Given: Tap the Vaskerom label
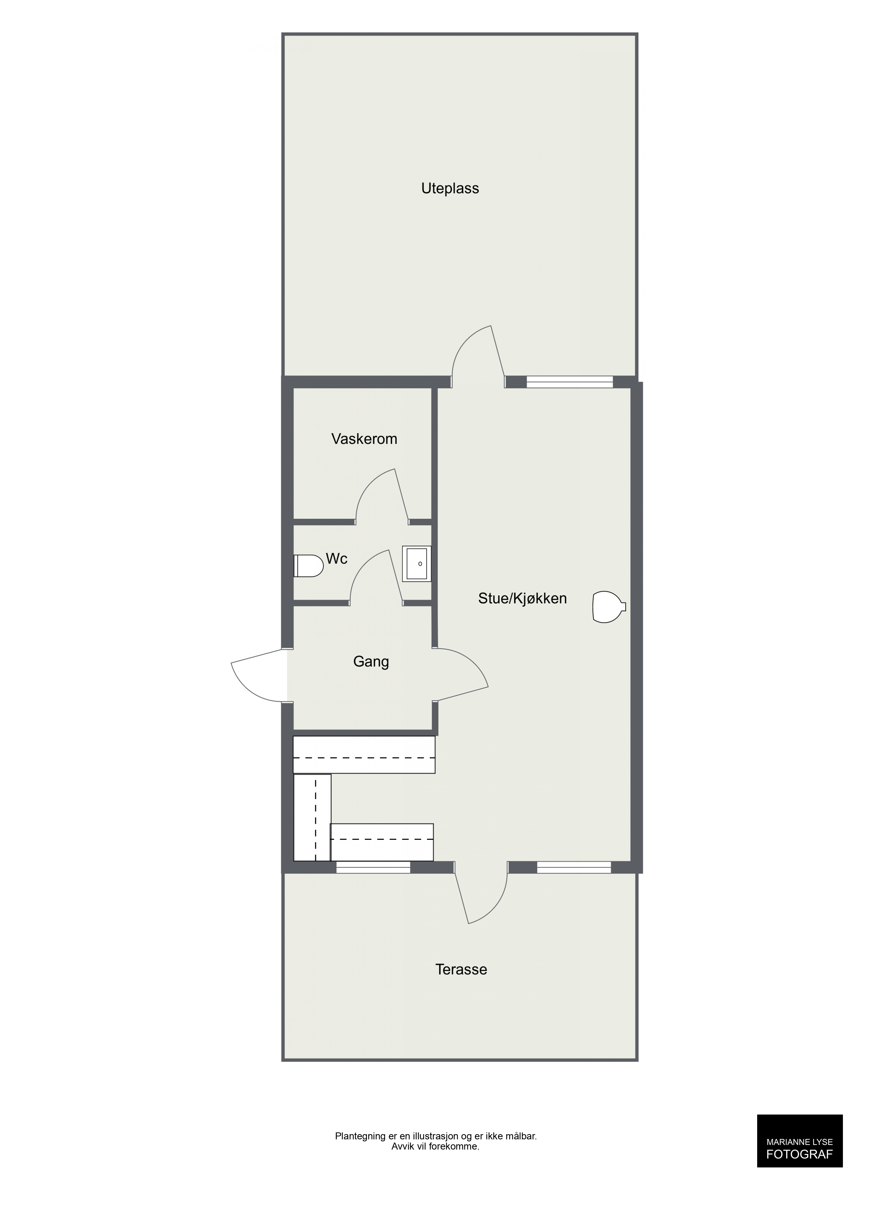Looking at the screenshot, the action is click(x=364, y=439).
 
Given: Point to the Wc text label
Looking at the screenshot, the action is click(x=337, y=559).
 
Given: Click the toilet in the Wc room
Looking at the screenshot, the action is click(x=309, y=565).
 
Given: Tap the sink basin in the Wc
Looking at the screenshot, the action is click(x=417, y=564).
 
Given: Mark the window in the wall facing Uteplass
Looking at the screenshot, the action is click(x=570, y=382).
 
